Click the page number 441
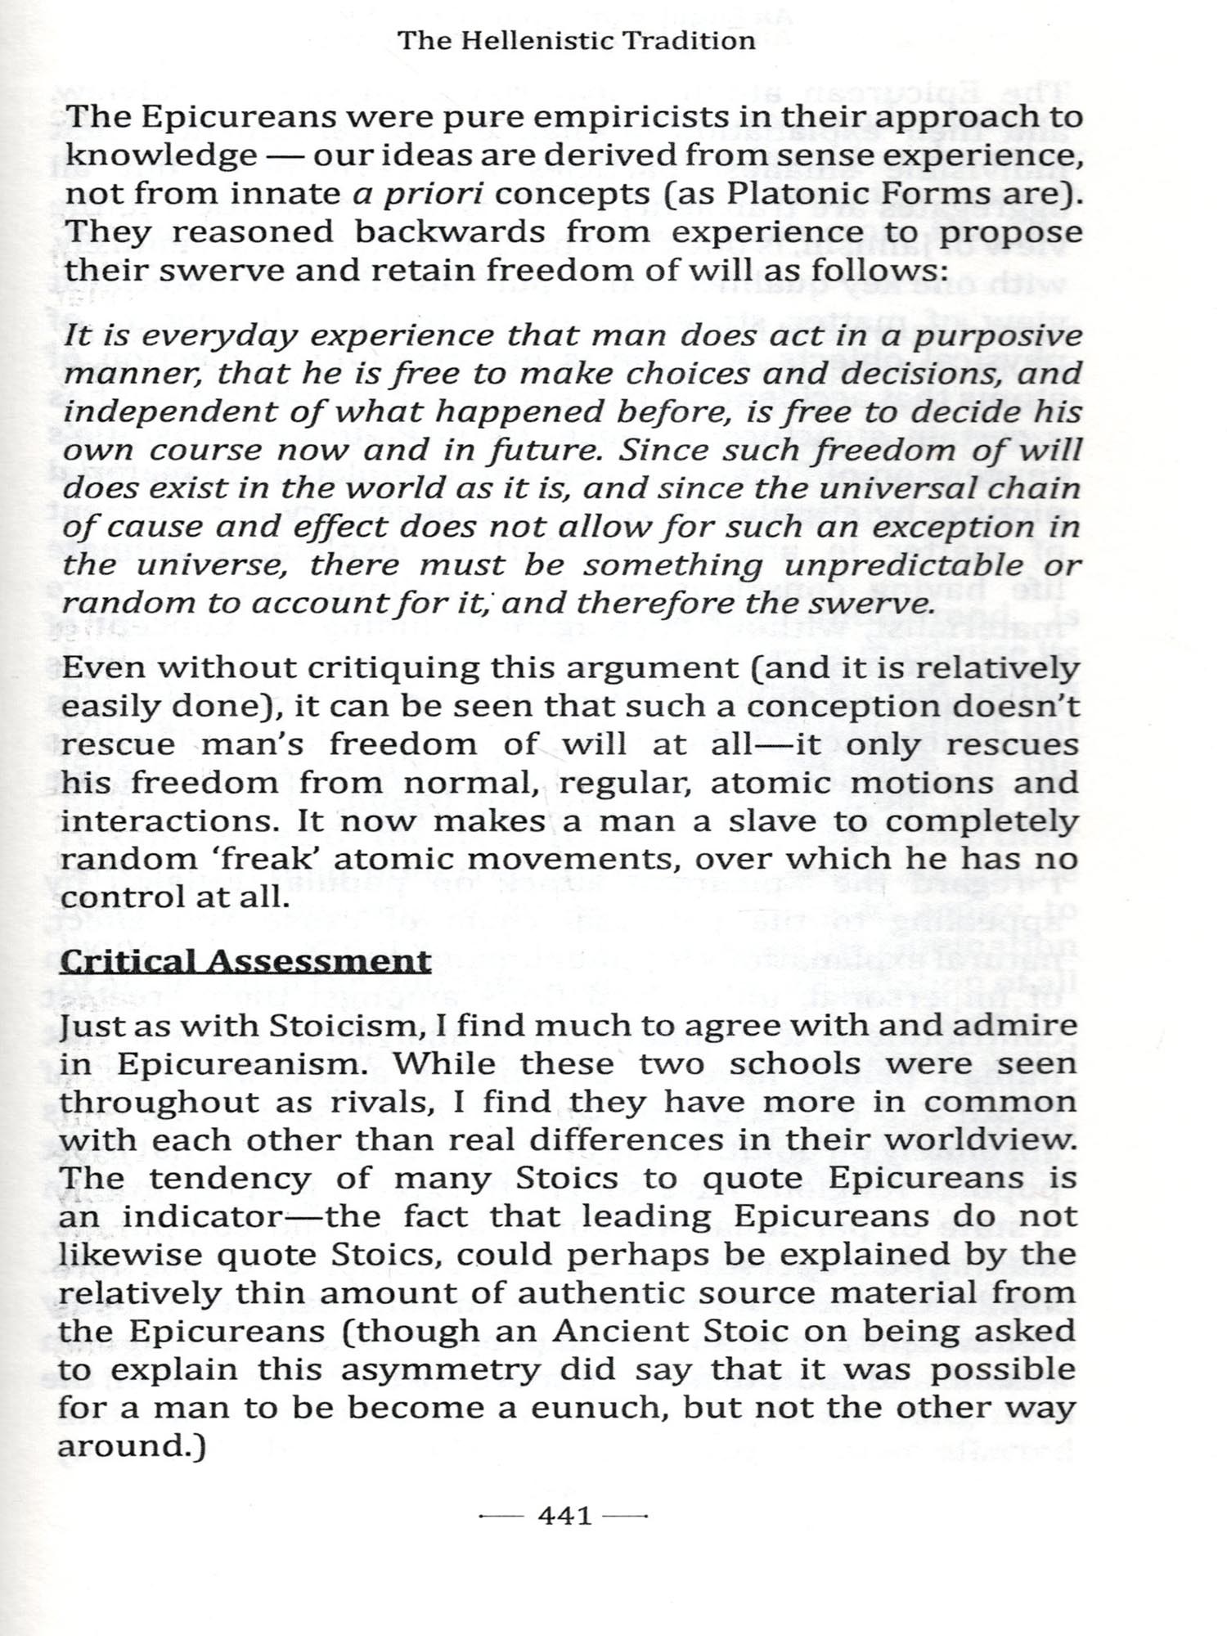pos(564,1516)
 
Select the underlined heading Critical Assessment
pos(245,960)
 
